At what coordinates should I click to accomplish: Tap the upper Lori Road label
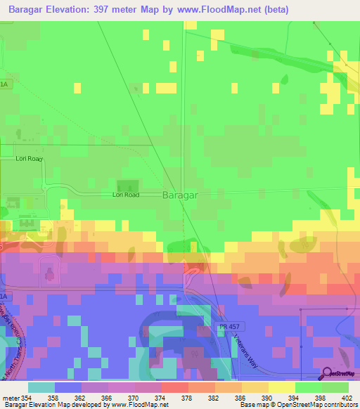pyautogui.click(x=30, y=159)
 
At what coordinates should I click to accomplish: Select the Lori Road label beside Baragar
pyautogui.click(x=127, y=195)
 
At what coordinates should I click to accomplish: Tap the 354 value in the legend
pyautogui.click(x=26, y=398)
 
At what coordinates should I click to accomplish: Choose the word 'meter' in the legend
pyautogui.click(x=11, y=398)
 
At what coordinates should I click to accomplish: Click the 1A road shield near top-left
pyautogui.click(x=4, y=84)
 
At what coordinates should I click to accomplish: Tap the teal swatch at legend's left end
pyautogui.click(x=41, y=387)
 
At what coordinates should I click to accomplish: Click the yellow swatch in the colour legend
pyautogui.click(x=281, y=387)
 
